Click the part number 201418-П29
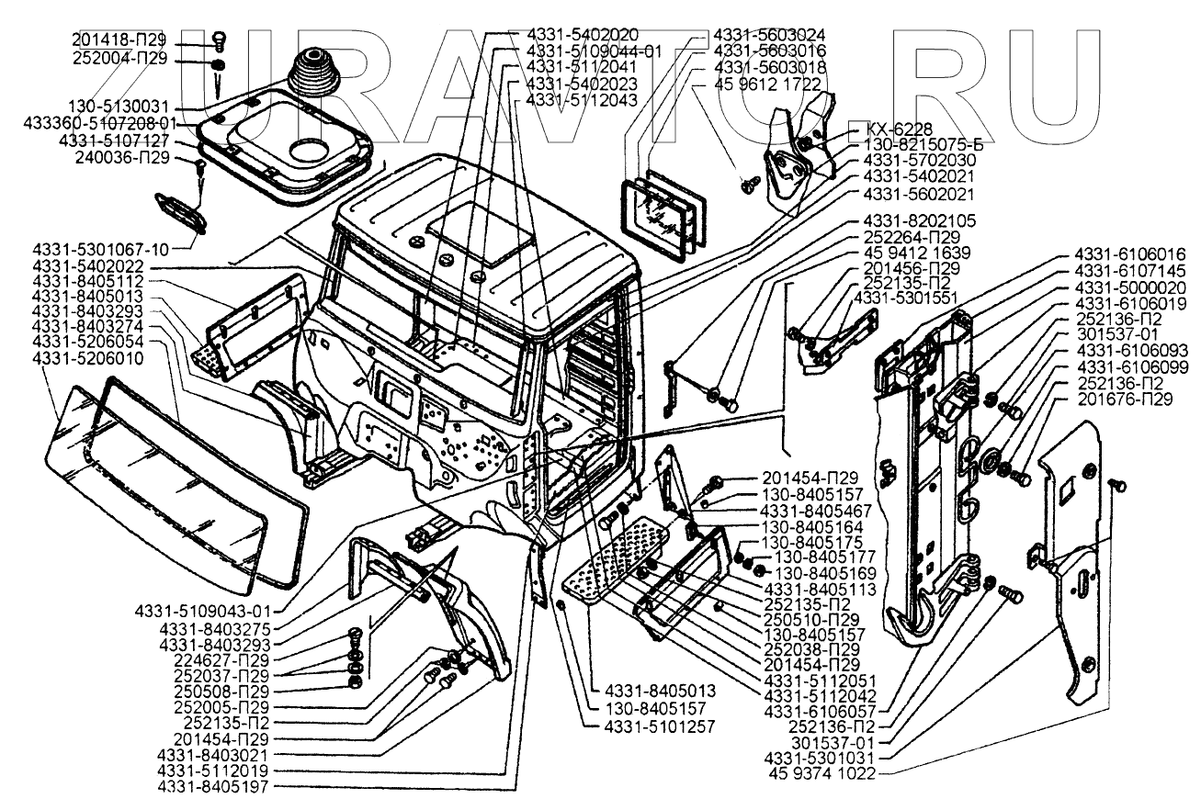[x=119, y=39]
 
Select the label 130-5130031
[x=119, y=107]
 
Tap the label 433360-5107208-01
[x=100, y=124]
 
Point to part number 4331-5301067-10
[x=100, y=250]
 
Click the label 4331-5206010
[x=88, y=358]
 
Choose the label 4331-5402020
[x=583, y=35]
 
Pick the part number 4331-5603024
[x=769, y=35]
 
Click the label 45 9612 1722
[x=768, y=84]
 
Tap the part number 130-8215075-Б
[x=923, y=145]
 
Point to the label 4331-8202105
[x=920, y=220]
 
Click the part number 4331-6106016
[x=1130, y=253]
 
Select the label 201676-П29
[x=1125, y=399]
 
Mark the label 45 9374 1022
[x=821, y=773]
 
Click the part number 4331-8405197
[x=212, y=787]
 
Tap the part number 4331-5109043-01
[x=203, y=612]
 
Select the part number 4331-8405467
[x=815, y=511]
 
